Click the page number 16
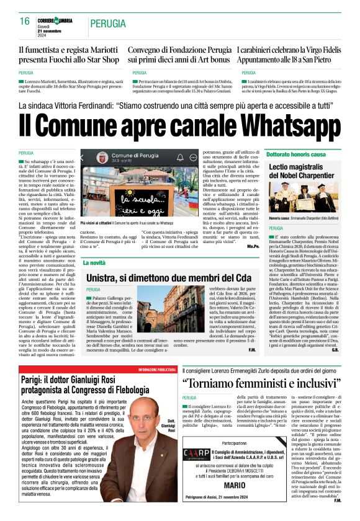pos(24,22)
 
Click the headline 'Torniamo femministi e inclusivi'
pos(260,381)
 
